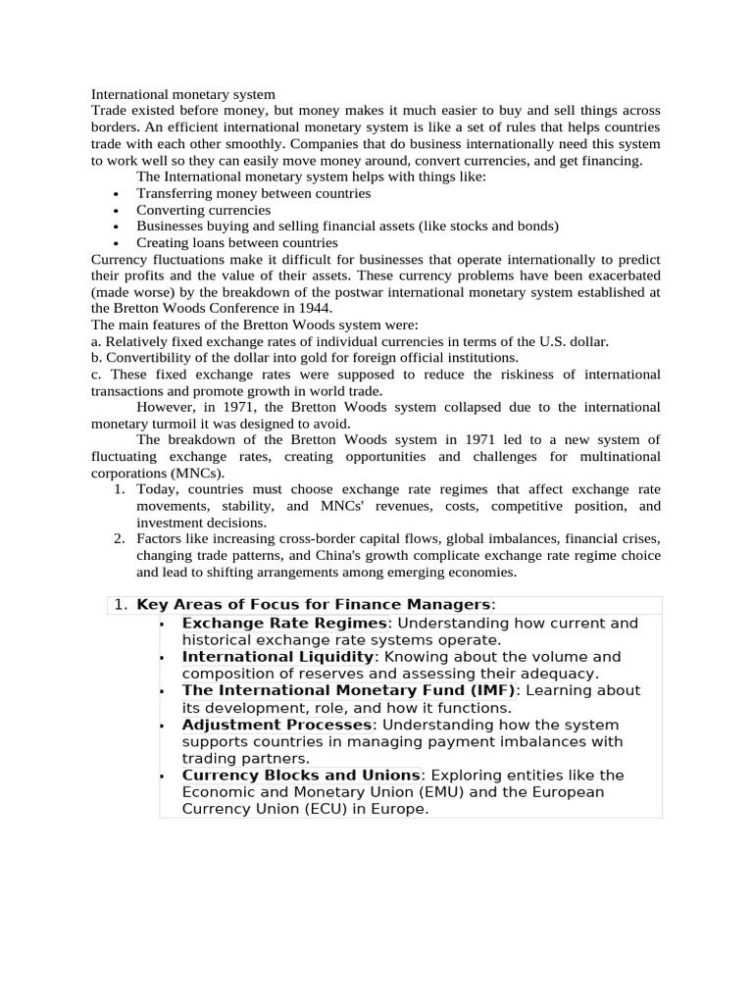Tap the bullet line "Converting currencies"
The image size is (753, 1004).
[x=203, y=210]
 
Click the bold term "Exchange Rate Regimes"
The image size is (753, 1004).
[x=285, y=624]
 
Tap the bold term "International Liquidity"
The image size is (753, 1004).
[x=277, y=657]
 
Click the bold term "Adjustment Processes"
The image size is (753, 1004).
[x=276, y=725]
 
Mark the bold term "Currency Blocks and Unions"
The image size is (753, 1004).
[x=301, y=776]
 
